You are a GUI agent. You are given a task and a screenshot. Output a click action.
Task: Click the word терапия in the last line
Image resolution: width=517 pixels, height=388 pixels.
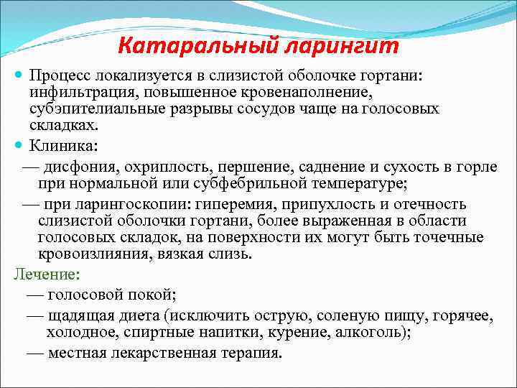click(x=250, y=353)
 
